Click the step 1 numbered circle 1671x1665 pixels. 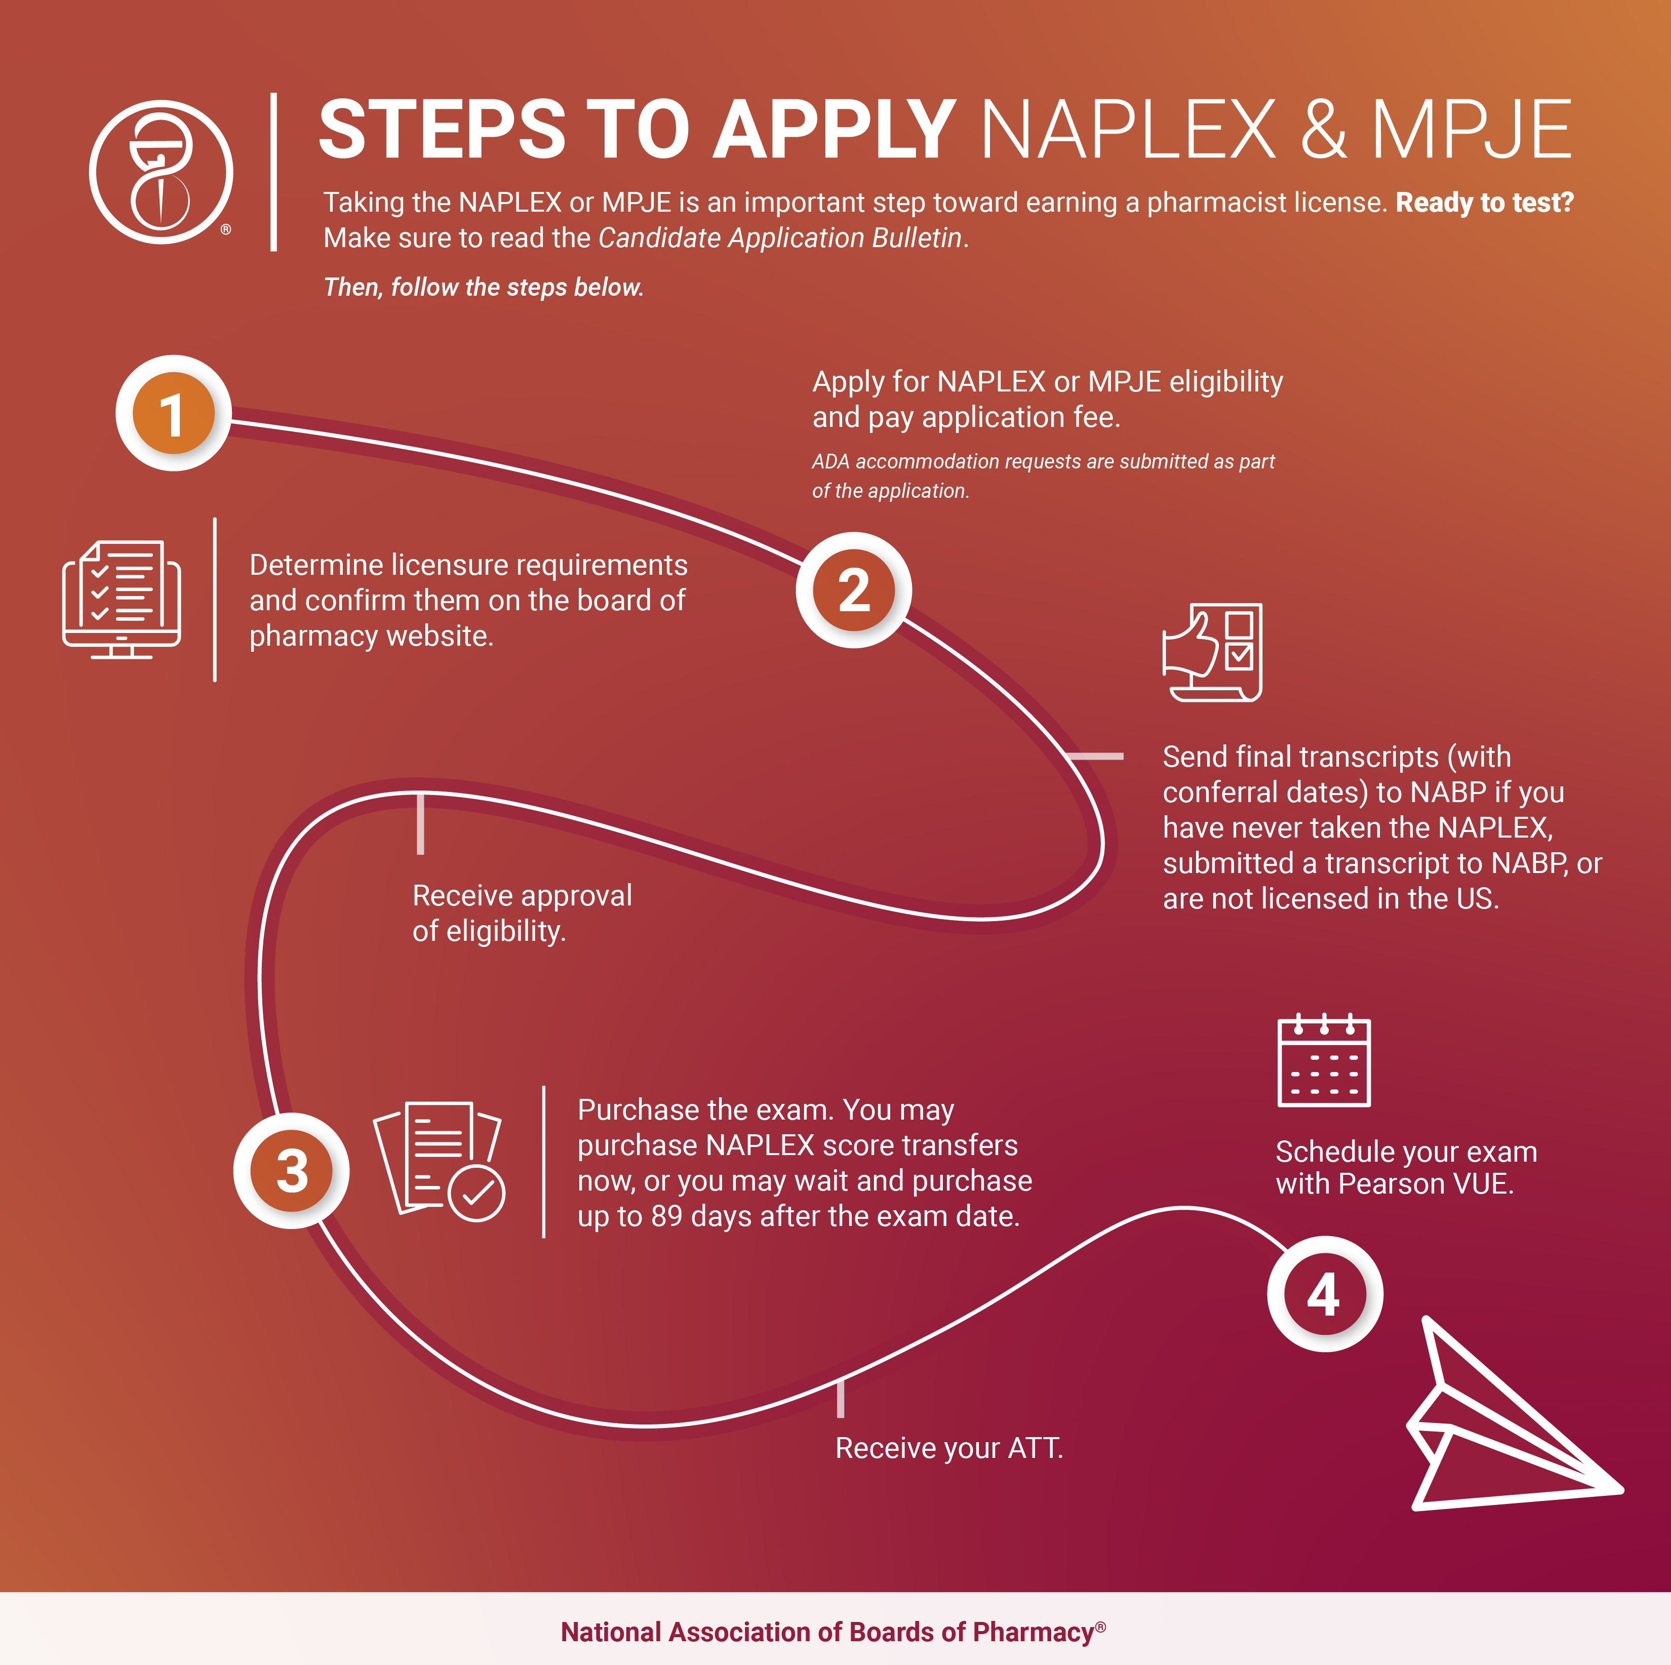pos(173,413)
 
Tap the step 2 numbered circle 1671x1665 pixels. pos(854,590)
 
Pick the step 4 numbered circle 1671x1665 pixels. pos(1324,1293)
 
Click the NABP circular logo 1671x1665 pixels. pos(161,172)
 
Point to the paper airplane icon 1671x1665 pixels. pos(1515,1415)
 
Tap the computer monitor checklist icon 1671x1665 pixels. pos(121,600)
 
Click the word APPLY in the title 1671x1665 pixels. pos(833,130)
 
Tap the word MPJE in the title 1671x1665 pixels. pos(1470,130)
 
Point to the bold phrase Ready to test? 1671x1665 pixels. pos(1484,203)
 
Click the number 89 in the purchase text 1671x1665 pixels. pos(666,1216)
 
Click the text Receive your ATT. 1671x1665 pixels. pos(949,1448)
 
